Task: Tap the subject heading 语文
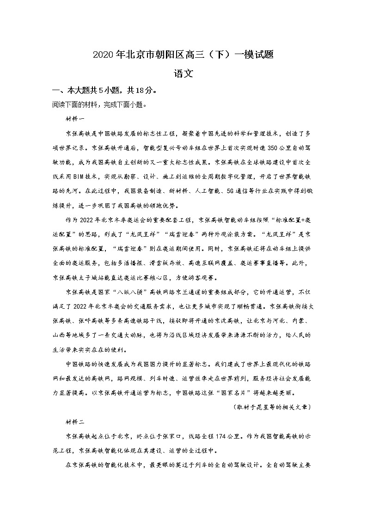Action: (x=183, y=73)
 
